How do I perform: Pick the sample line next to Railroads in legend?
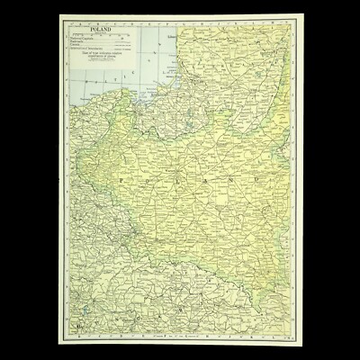point(126,42)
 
